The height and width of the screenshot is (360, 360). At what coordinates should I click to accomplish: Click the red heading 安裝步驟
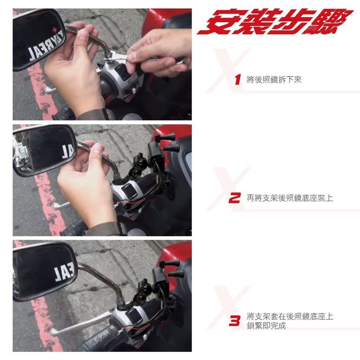(275, 21)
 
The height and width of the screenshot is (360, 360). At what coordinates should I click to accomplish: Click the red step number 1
(238, 79)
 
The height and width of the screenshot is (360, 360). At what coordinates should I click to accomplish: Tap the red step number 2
(234, 198)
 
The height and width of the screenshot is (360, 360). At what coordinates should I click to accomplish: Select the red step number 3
(234, 321)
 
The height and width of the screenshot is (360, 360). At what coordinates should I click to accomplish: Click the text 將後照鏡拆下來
(274, 80)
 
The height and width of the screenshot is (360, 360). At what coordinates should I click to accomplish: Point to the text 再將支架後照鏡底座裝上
(290, 198)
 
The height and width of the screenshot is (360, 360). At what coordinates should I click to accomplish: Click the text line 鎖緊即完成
(266, 326)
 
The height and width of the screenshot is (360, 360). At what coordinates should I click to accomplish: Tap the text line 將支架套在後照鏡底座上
(290, 316)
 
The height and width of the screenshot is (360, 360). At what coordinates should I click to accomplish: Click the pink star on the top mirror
(54, 30)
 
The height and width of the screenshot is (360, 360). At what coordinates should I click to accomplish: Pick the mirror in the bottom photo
(45, 271)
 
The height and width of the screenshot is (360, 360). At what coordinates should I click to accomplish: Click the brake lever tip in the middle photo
(55, 207)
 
